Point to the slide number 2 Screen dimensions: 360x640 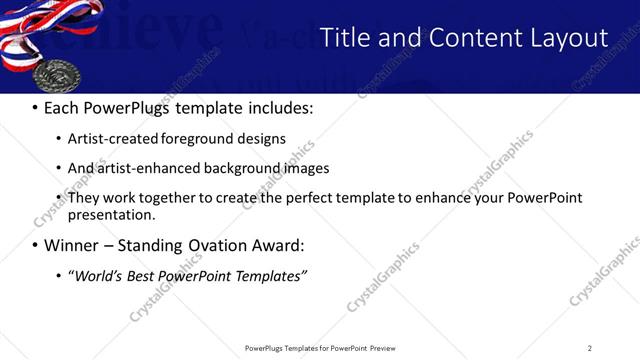(x=589, y=348)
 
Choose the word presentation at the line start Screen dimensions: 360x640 (x=111, y=215)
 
